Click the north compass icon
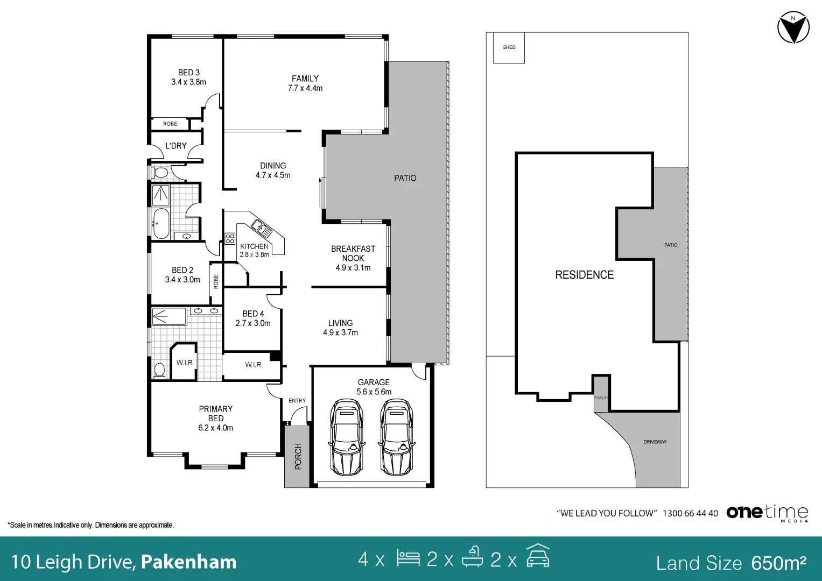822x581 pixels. pos(793,27)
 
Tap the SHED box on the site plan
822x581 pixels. pos(509,47)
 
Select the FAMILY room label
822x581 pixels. pos(305,79)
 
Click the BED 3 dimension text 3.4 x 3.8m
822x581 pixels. pos(188,82)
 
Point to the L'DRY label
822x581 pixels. pos(176,146)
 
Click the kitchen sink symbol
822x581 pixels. pos(262,228)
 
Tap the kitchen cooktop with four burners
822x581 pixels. pos(230,239)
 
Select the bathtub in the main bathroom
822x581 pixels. pos(161,223)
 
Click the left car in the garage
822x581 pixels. pos(347,437)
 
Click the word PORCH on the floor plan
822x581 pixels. pos(298,456)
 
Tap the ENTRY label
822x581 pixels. pos(297,401)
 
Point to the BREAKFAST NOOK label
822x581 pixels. pos(353,253)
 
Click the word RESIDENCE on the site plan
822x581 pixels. pos(584,275)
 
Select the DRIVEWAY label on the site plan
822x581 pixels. pos(655,442)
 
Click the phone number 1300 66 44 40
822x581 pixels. pos(690,513)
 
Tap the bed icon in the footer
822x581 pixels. pos(408,558)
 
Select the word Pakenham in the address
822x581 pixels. pos(188,562)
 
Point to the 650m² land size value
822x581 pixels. pos(779,563)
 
